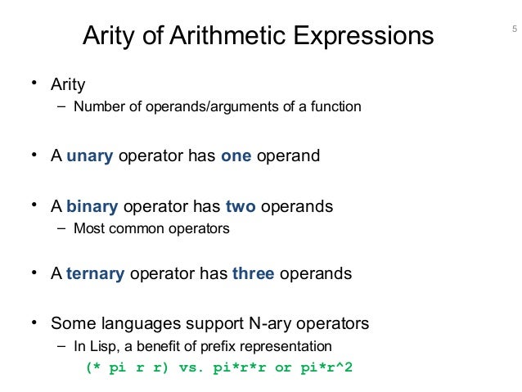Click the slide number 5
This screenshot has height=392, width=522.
pos(514,32)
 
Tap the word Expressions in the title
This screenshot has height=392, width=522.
pos(363,37)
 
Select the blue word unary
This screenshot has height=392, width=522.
pos(89,156)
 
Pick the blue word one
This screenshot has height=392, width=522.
pos(236,156)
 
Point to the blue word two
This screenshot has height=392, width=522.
pos(241,206)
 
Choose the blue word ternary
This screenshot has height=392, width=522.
pos(95,273)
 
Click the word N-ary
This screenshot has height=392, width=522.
pos(249,322)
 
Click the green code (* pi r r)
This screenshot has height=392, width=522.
pos(128,367)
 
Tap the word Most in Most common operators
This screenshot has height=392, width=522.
pos(88,228)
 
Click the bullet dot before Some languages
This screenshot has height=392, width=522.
pos(34,322)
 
